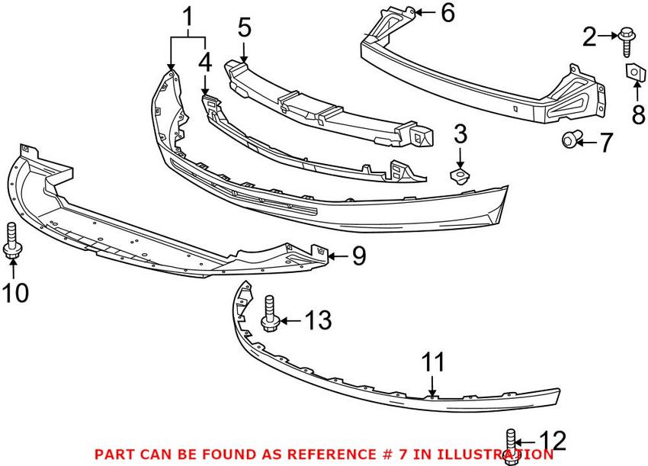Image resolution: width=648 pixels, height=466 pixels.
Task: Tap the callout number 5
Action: point(244,29)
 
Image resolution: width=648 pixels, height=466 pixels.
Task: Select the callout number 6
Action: point(448,12)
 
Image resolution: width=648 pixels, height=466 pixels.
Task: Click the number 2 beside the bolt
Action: point(589,35)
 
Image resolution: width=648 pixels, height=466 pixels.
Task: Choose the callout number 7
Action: point(605,143)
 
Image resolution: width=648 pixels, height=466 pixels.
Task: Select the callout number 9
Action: point(358,256)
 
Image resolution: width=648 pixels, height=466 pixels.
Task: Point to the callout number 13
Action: point(319,321)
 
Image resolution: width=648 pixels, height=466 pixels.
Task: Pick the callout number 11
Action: point(434,363)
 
